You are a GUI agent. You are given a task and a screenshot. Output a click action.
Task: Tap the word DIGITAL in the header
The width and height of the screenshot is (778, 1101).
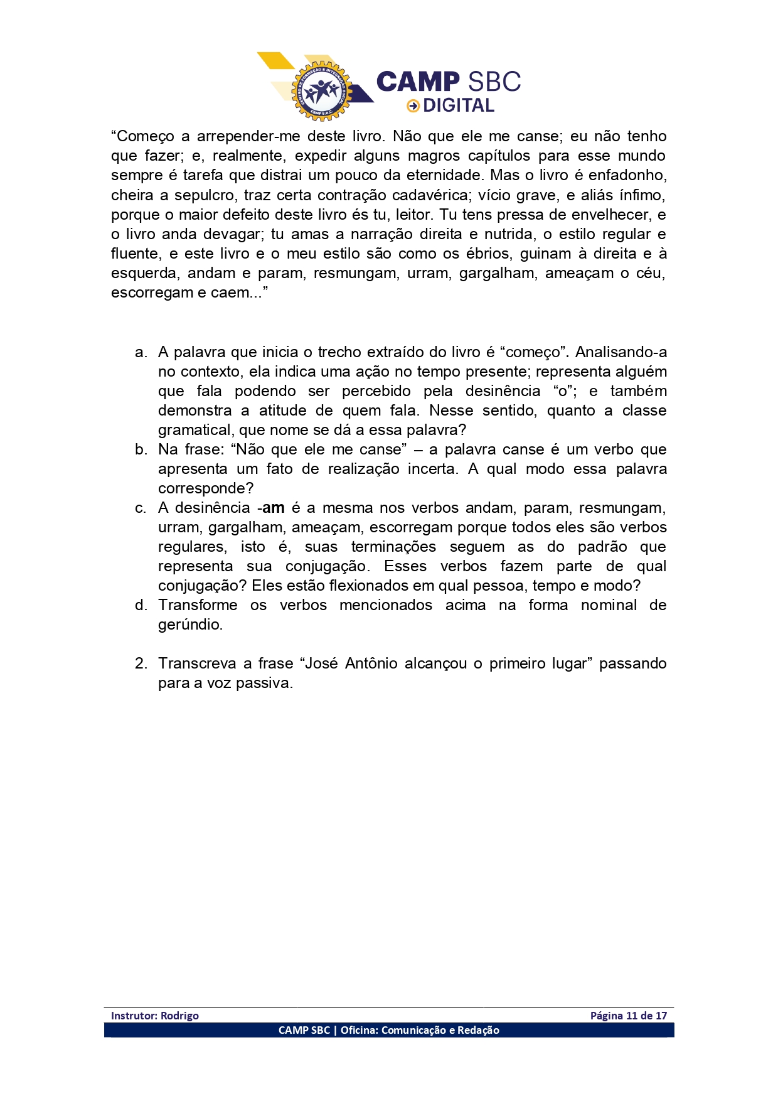[x=459, y=105]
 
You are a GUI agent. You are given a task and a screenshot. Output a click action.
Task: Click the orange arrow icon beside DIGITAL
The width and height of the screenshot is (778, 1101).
[x=413, y=105]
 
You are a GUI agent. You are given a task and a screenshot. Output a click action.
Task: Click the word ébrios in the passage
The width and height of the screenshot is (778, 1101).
[x=486, y=254]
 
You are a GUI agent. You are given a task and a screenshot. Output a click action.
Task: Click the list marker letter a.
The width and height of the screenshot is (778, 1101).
[x=141, y=352]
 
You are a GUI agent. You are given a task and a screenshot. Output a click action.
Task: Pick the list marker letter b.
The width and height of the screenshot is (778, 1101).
[x=141, y=449]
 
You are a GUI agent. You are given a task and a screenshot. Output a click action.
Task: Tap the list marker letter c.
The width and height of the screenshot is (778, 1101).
[x=141, y=508]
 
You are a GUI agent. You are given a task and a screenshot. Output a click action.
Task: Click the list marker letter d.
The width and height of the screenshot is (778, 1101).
[x=141, y=605]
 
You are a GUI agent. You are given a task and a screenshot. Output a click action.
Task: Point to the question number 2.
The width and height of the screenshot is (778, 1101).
[x=141, y=663]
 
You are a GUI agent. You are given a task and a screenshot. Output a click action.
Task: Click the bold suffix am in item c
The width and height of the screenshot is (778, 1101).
[x=274, y=508]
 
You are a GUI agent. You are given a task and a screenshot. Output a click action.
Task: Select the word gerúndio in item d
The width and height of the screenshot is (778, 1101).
[x=189, y=625]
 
